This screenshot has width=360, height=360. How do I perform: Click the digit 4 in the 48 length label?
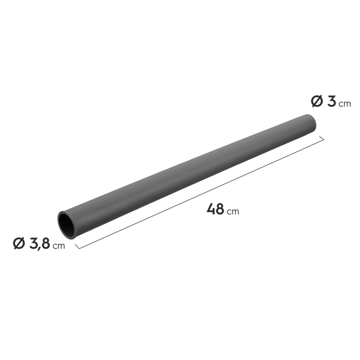point(211,209)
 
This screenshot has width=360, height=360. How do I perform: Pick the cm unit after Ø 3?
point(345,104)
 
